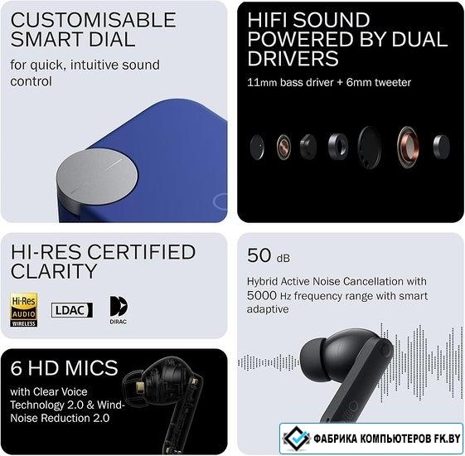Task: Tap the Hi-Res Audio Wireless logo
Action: (24, 310)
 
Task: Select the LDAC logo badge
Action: (72, 310)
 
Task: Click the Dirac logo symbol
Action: (119, 306)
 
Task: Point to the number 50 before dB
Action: (259, 255)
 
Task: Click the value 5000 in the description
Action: (262, 295)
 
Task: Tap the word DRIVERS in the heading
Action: (293, 58)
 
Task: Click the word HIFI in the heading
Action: (268, 20)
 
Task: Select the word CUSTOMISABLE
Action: (94, 20)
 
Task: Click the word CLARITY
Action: (54, 270)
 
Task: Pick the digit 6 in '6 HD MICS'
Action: (16, 367)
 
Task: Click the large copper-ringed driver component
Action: (408, 147)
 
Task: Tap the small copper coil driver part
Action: (283, 147)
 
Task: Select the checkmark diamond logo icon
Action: (296, 438)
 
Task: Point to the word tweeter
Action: (393, 82)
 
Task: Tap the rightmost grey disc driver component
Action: (441, 147)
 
